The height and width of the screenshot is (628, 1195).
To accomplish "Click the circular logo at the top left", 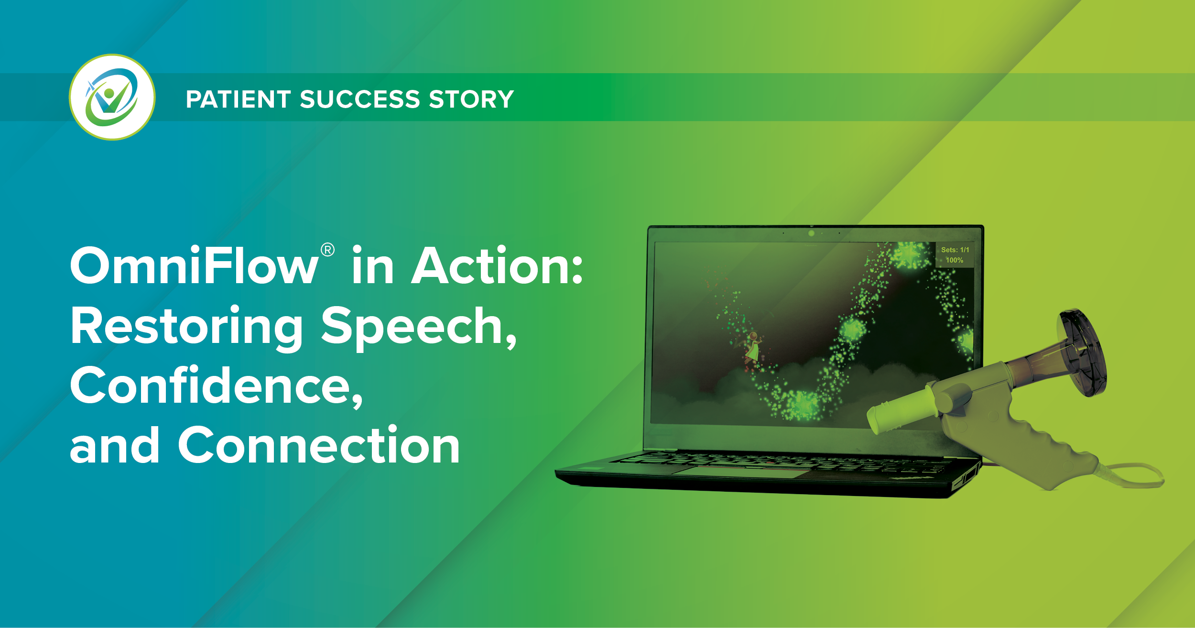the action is (x=112, y=97).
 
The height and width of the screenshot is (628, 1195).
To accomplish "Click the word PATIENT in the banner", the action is (x=239, y=99).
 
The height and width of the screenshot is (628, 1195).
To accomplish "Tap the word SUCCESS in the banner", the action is (x=360, y=99).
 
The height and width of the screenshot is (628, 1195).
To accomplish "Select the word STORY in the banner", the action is (x=471, y=99).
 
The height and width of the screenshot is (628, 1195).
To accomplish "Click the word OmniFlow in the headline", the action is (x=194, y=265).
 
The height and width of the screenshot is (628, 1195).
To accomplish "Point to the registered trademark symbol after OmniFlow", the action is (x=327, y=250).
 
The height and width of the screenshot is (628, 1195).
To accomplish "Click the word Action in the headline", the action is (x=497, y=265).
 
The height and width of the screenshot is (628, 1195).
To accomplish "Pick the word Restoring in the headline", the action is (x=186, y=328).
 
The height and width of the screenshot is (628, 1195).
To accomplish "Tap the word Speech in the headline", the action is (x=419, y=328).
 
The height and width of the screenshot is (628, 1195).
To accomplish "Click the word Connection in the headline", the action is (x=319, y=445).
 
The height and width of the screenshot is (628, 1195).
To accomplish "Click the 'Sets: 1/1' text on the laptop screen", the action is (x=955, y=250).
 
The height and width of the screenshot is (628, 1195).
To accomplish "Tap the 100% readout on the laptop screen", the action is (x=955, y=260).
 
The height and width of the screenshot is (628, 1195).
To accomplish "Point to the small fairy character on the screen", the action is (x=752, y=349).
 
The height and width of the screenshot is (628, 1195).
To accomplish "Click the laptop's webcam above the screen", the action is (x=811, y=233).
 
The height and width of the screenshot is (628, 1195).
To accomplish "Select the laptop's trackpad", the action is (x=741, y=473).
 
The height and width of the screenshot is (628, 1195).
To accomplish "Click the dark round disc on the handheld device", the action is (x=1083, y=353).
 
